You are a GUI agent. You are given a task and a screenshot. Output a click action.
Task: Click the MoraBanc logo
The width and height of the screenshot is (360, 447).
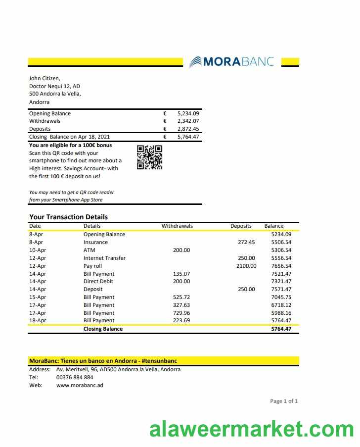point(231,61)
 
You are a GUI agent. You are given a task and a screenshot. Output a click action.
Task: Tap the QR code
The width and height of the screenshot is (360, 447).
point(149,157)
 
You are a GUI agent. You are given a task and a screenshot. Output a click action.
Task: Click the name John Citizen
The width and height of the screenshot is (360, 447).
point(45,78)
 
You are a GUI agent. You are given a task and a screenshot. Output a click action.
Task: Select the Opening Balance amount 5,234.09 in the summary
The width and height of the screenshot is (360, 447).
point(188,113)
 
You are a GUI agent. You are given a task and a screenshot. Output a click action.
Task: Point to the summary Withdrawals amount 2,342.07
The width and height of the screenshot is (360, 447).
point(188,121)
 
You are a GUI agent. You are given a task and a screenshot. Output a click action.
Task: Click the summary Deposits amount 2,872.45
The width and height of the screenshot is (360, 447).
point(188,129)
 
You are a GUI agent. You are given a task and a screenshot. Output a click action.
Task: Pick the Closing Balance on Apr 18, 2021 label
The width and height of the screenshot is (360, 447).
point(69,137)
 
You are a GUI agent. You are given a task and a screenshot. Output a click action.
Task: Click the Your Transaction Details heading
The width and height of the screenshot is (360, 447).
point(68,217)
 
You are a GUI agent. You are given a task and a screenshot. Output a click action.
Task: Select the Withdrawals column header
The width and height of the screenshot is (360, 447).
point(177,226)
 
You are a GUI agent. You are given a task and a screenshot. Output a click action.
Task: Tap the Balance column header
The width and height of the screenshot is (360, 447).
point(274,226)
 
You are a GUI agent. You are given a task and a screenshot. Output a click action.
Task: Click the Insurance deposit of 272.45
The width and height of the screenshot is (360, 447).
point(246,242)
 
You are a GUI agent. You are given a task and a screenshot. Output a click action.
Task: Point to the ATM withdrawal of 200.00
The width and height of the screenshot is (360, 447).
point(181,250)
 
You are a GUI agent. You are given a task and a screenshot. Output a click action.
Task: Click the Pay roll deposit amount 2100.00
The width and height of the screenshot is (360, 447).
point(246,266)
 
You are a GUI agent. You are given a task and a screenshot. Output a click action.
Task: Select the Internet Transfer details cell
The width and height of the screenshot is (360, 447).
point(104,258)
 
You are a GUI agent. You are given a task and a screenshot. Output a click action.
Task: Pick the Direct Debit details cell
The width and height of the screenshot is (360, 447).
point(98,281)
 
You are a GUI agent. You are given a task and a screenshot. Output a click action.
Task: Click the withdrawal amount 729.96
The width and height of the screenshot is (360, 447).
point(181,313)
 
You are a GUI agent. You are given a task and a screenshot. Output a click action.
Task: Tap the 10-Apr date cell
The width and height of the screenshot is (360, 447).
point(38,250)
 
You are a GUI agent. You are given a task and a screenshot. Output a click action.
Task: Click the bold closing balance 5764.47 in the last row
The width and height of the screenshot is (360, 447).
point(281,329)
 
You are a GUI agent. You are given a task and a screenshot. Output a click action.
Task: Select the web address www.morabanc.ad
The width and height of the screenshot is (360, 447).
point(80,385)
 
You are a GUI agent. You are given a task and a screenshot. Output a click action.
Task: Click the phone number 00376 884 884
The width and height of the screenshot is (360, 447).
point(75,377)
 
